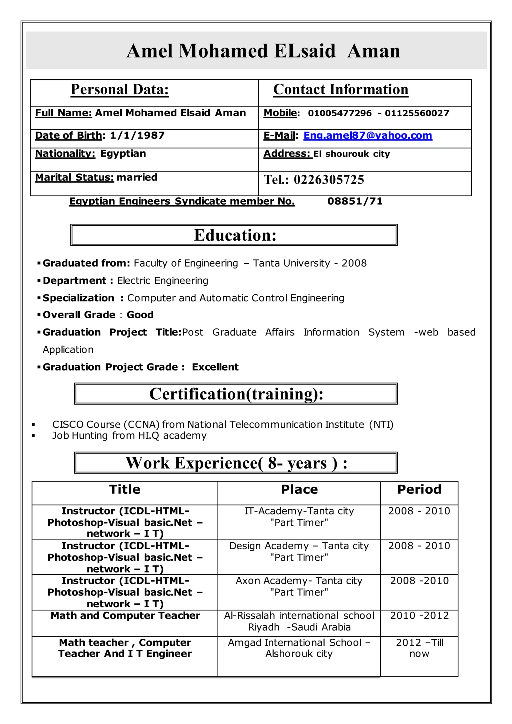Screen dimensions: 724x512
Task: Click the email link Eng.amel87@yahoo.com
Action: (367, 135)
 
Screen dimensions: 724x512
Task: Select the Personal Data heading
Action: (120, 89)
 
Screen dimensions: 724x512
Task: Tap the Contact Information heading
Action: (340, 89)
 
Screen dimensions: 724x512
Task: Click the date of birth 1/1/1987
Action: (137, 135)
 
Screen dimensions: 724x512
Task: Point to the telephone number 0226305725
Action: (329, 180)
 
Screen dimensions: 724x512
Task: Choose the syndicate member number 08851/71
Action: (355, 201)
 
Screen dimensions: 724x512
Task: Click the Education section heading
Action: (235, 235)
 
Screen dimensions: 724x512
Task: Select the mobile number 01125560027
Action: (417, 113)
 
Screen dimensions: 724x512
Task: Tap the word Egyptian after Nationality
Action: (123, 154)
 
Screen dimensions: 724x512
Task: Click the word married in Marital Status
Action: (137, 177)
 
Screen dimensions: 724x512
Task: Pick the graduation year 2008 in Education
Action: (354, 263)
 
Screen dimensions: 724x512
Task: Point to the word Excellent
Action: (215, 367)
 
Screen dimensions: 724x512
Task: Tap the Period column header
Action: (419, 489)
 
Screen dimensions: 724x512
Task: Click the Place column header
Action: (299, 489)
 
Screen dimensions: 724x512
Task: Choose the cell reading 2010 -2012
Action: (419, 615)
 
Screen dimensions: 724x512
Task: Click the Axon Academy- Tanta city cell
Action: (299, 586)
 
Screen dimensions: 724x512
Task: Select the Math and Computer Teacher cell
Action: (125, 615)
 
